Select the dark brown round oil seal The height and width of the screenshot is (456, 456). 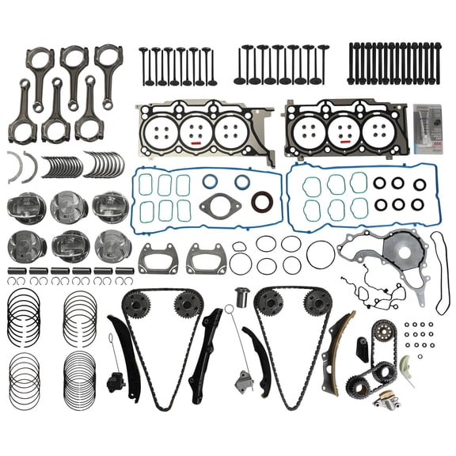pos(262,202)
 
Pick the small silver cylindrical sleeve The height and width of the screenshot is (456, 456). pos(242,298)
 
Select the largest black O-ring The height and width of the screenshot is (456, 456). pos(321,255)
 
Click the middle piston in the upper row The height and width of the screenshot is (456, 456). pos(69,207)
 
